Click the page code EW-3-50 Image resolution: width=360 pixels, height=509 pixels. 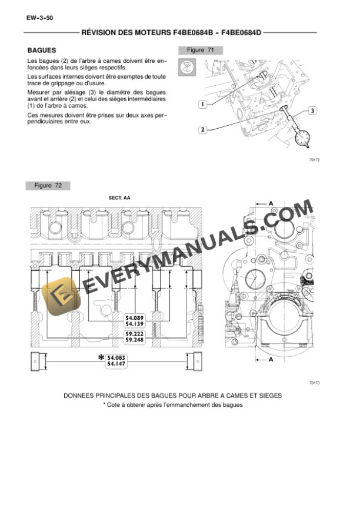40,18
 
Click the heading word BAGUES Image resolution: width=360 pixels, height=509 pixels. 41,51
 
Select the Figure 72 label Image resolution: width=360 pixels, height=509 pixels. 48,186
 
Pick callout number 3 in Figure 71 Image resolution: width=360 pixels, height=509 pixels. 312,110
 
